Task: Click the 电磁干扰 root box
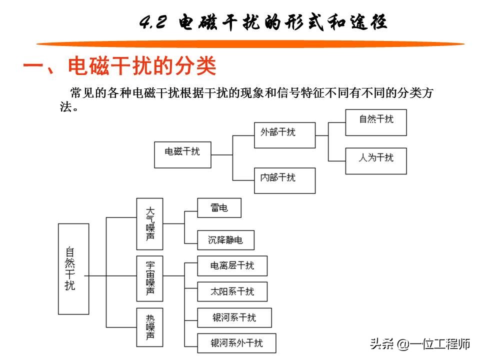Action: point(182,154)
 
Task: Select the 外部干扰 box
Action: point(284,135)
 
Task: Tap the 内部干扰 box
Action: point(284,180)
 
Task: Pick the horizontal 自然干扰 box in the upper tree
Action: point(376,122)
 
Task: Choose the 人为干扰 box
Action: point(376,161)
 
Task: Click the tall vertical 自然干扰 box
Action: point(73,269)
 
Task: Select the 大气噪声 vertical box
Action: point(149,224)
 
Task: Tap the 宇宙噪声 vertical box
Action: point(149,278)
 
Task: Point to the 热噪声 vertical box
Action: point(149,327)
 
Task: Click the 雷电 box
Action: point(219,208)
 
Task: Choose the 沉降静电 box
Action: point(225,240)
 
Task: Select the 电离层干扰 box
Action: point(232,265)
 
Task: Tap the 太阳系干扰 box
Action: point(232,291)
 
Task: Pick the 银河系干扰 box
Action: point(234,318)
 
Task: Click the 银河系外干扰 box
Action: point(236,343)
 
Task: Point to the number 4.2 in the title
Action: point(153,22)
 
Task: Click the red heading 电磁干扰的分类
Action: point(142,66)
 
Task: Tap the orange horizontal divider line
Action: point(250,44)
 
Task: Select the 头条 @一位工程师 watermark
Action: point(420,344)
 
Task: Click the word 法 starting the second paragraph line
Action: point(66,106)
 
